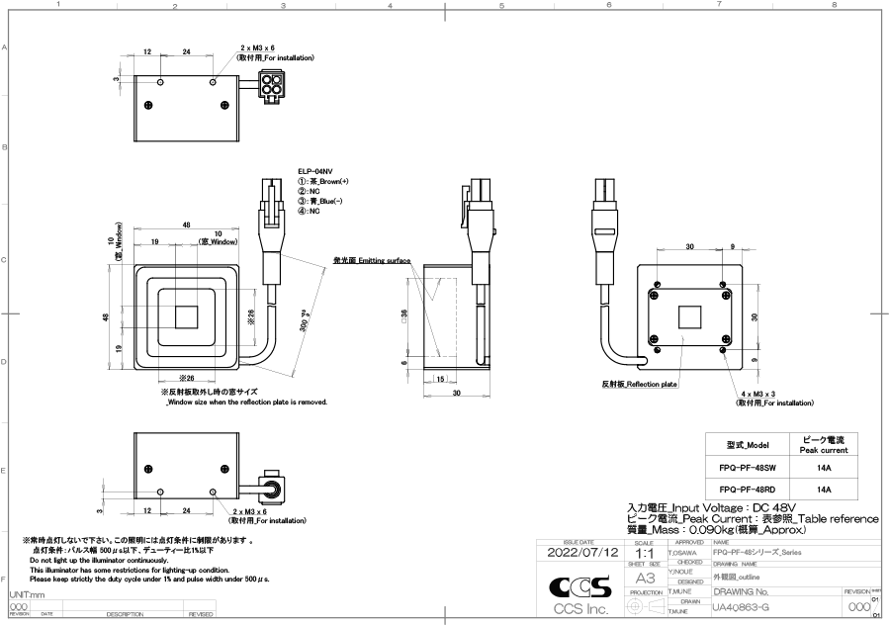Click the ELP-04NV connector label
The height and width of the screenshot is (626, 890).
(x=316, y=171)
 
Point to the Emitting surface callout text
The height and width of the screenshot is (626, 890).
(x=371, y=259)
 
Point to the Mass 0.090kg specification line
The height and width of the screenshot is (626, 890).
(x=704, y=529)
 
